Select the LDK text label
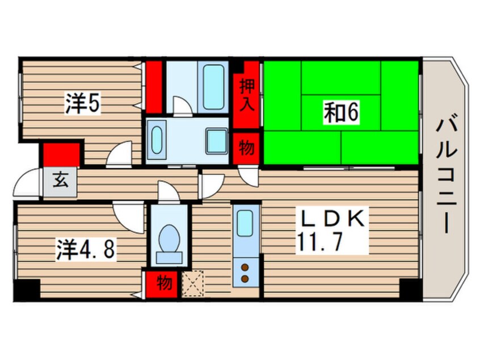click(331, 219)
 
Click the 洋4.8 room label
click(86, 250)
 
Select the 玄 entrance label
click(61, 183)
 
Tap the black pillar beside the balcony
click(410, 289)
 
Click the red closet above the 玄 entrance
click(61, 154)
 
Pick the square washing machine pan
click(216, 140)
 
